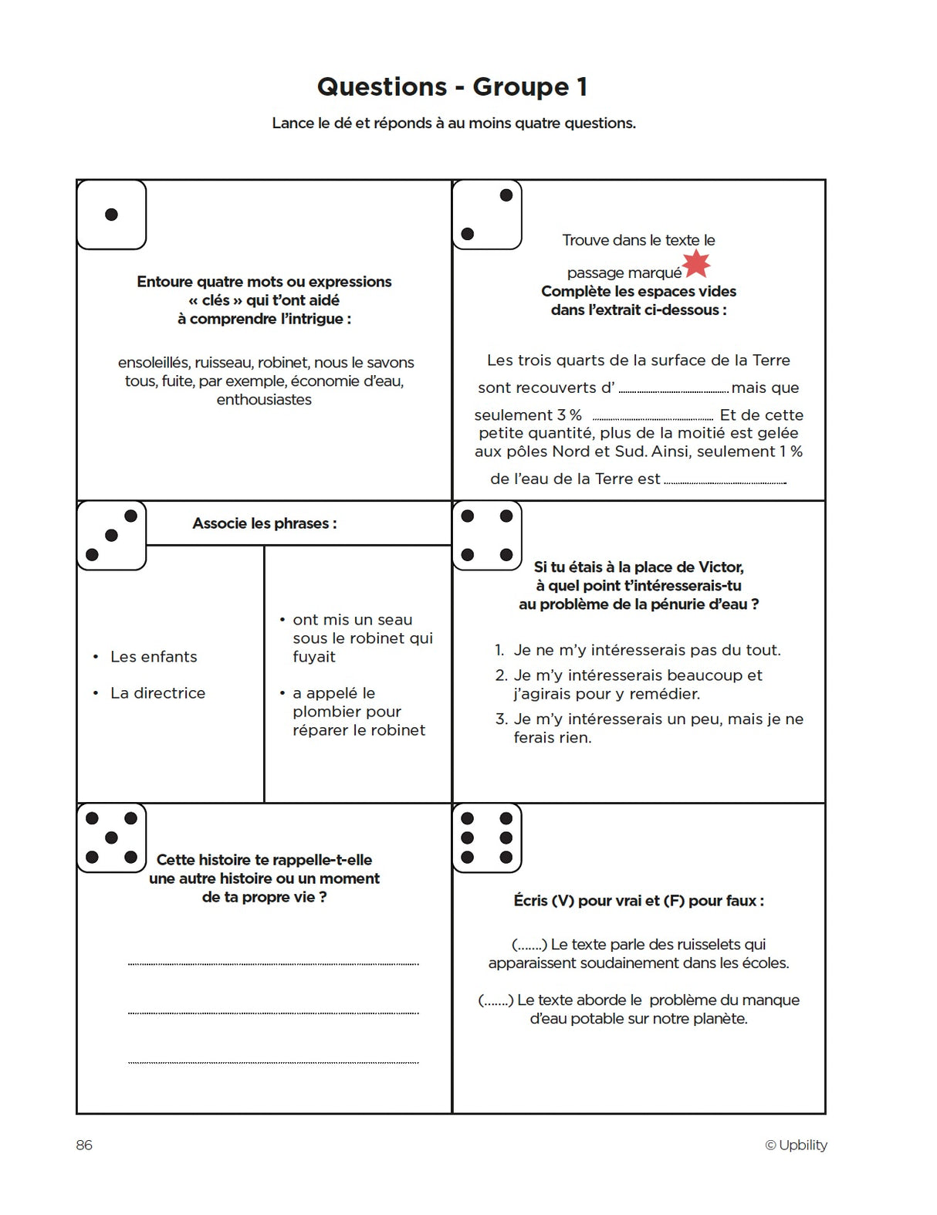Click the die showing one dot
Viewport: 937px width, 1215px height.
click(x=112, y=215)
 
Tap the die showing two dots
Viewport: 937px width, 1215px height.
click(x=487, y=215)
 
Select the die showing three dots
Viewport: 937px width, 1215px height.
click(x=112, y=536)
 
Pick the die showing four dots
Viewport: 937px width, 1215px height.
click(x=487, y=536)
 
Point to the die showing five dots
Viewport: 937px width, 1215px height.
click(x=112, y=838)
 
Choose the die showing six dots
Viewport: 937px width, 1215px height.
click(x=487, y=838)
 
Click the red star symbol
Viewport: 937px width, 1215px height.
click(x=697, y=263)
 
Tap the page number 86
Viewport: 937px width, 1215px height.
click(x=84, y=1145)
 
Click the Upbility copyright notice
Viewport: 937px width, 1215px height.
click(x=796, y=1145)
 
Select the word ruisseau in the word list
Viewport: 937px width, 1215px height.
click(x=223, y=363)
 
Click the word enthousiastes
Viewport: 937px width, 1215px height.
click(x=264, y=400)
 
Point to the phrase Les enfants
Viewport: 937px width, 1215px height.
click(x=154, y=657)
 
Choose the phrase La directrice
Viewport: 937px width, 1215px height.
click(x=157, y=693)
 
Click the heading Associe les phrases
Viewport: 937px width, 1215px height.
click(x=264, y=523)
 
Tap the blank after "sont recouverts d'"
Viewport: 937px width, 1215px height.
click(x=673, y=388)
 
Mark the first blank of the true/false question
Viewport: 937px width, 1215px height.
click(x=529, y=945)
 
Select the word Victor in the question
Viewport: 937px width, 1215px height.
click(x=720, y=567)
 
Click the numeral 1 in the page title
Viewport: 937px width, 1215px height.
click(x=582, y=86)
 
